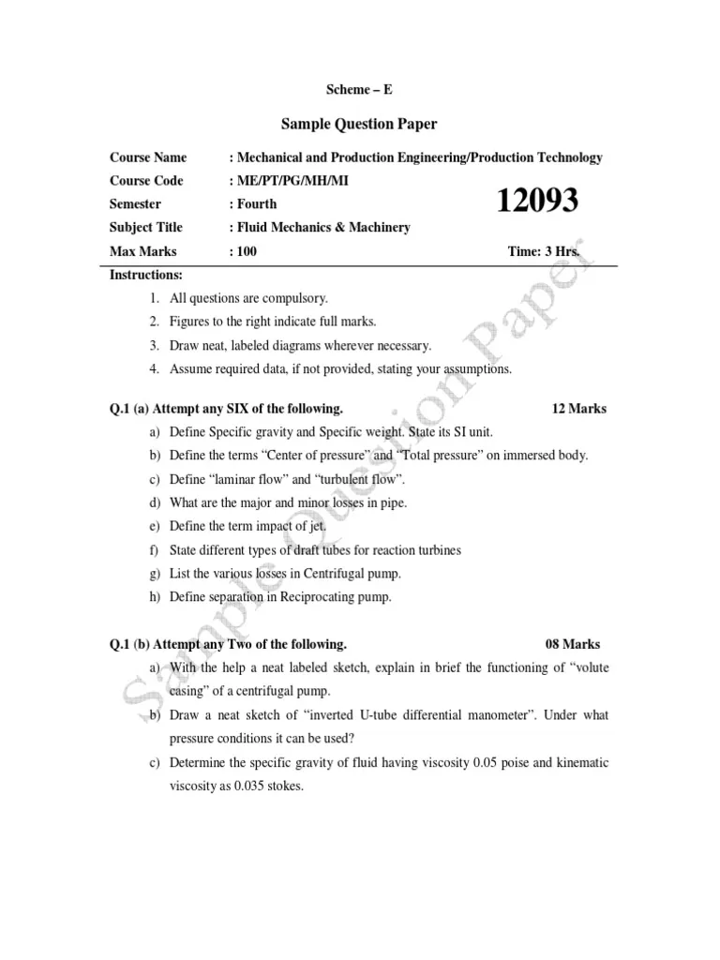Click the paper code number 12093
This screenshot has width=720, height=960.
pos(537,201)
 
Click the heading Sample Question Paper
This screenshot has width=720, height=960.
pos(360,124)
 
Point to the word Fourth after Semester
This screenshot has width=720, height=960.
pos(257,203)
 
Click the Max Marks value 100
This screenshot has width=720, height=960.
pos(246,251)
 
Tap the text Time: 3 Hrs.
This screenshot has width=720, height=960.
pos(543,251)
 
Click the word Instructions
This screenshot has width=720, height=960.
pos(146,275)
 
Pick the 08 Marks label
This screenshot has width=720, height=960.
pos(573,644)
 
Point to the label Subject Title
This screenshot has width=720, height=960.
pos(146,227)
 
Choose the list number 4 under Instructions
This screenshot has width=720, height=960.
pos(154,368)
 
